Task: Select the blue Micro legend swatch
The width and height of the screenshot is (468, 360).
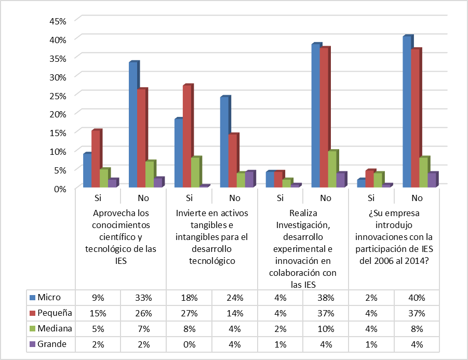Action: pos(33,298)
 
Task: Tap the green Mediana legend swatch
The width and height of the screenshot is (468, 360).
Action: pos(33,328)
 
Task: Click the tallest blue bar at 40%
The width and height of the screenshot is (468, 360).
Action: pos(407,111)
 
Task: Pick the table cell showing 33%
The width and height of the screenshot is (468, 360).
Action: pos(143,298)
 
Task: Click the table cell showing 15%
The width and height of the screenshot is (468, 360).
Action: pos(98,313)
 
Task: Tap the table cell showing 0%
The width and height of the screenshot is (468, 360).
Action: pos(189,343)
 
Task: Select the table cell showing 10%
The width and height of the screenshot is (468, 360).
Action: pos(326,328)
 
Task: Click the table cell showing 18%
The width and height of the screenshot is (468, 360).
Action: pos(189,298)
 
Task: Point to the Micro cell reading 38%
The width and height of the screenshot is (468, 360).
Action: pos(326,298)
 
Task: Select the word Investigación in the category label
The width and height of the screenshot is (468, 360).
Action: pos(303,225)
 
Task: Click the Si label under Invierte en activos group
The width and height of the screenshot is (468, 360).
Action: pos(189,198)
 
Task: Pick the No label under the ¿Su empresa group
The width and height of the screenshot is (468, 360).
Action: pos(417,198)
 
